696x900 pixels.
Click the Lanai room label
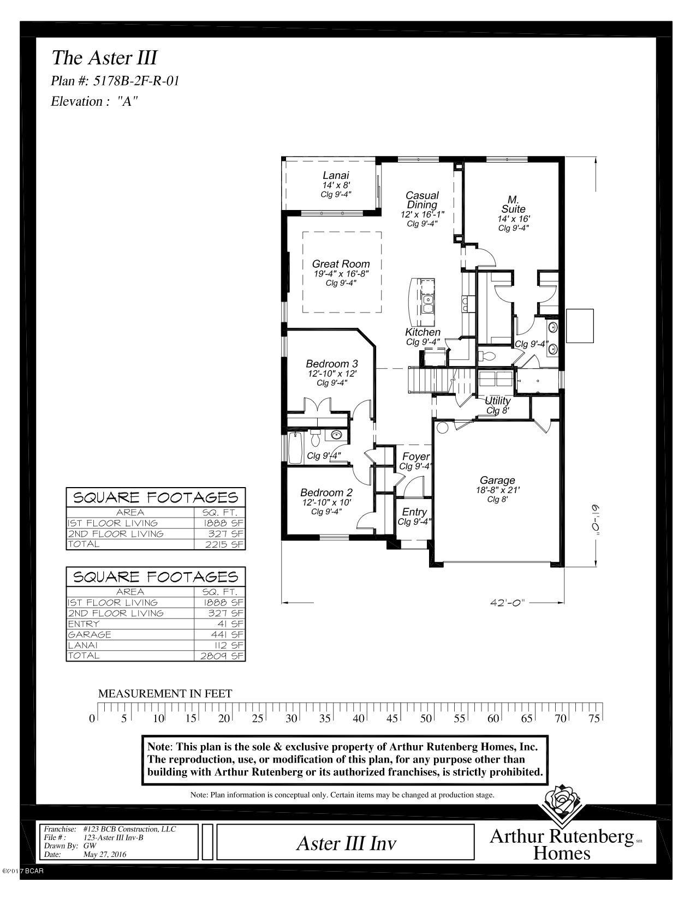coord(335,176)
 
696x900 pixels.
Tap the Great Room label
coord(341,264)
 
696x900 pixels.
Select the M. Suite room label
coord(513,204)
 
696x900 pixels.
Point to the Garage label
coord(497,480)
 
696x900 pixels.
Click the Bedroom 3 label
coord(331,364)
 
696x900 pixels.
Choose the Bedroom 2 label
coord(326,492)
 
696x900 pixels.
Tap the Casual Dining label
coord(422,200)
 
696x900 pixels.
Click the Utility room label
coord(497,401)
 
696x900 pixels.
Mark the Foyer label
coord(415,457)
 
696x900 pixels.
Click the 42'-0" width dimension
coord(507,603)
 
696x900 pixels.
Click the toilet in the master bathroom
coord(487,356)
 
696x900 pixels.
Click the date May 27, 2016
coord(104,855)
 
